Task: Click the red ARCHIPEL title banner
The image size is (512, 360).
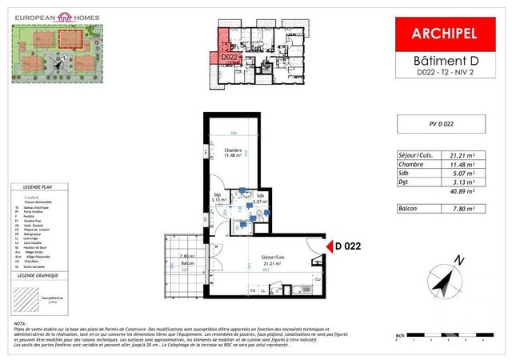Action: [x=444, y=34]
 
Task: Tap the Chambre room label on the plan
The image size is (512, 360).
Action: [x=233, y=152]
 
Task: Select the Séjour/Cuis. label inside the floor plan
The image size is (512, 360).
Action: [x=274, y=258]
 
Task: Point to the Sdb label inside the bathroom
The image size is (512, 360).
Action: [x=260, y=197]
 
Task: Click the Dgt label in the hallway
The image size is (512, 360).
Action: [x=217, y=198]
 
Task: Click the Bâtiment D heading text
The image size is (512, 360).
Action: [x=444, y=61]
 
